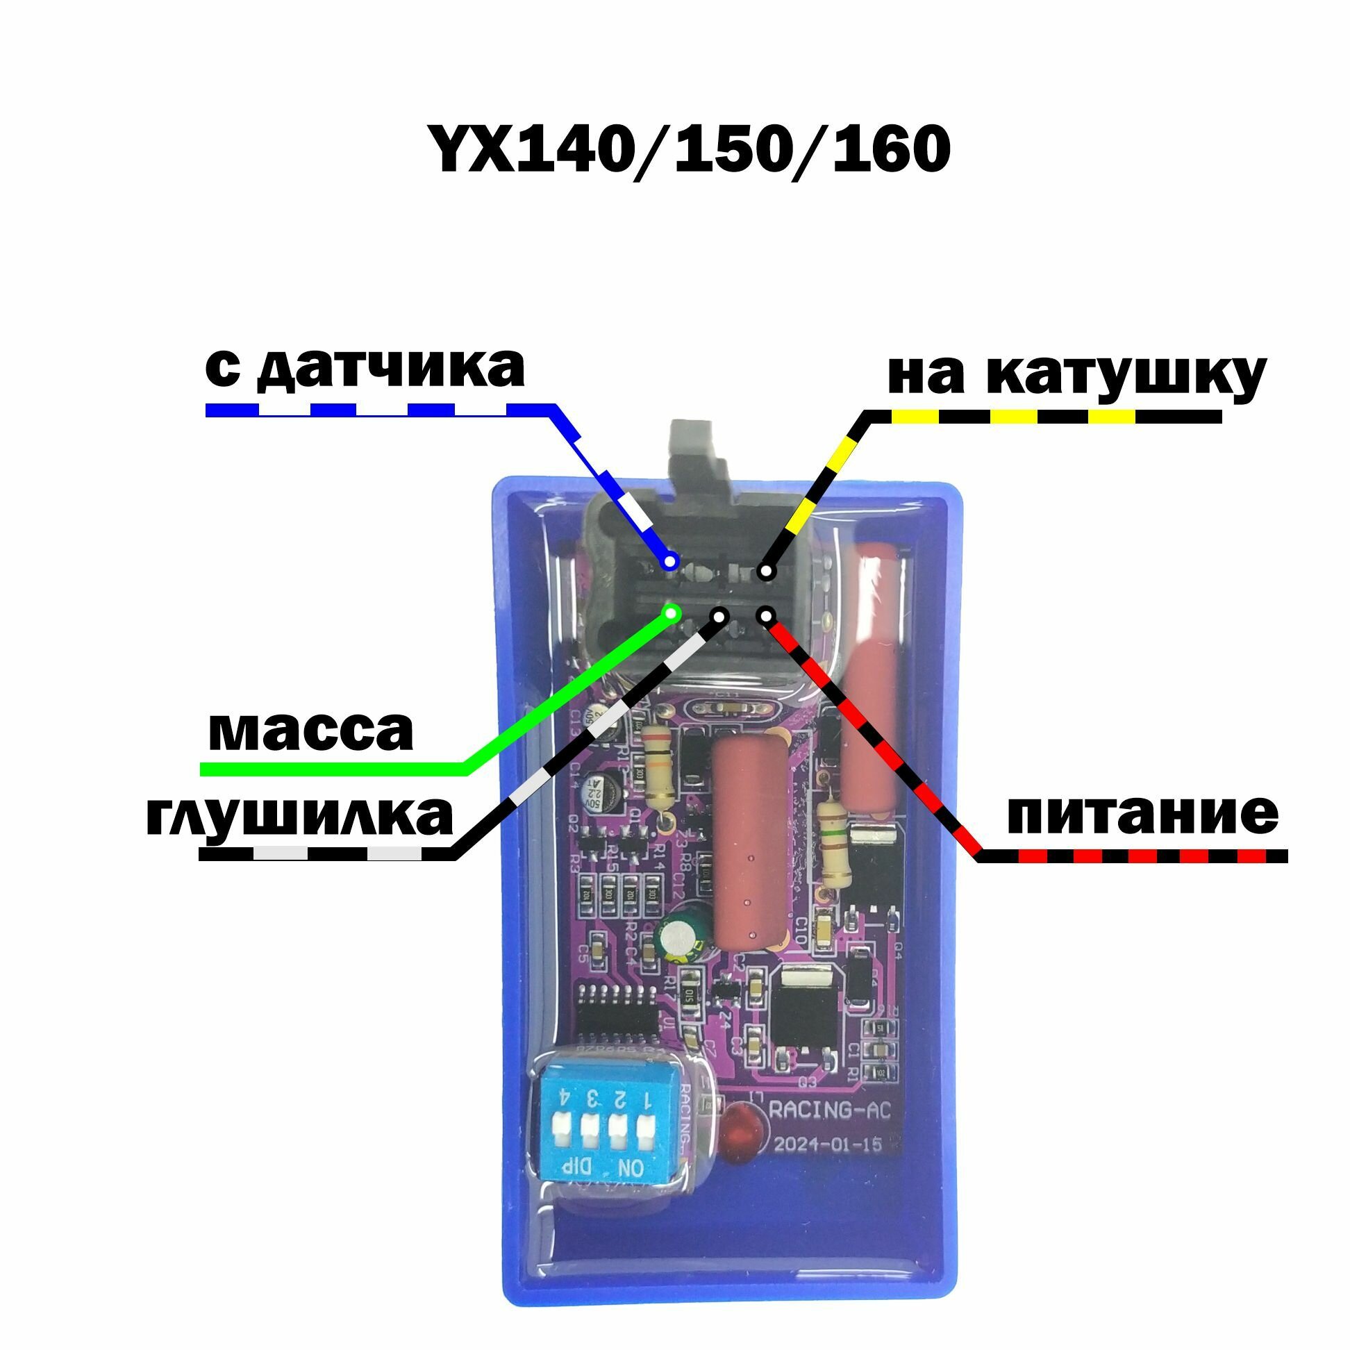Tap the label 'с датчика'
click(x=365, y=367)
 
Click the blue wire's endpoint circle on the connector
click(x=670, y=561)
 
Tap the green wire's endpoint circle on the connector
click(x=672, y=612)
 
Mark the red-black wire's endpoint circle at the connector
click(x=767, y=615)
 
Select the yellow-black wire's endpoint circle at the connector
click(x=767, y=572)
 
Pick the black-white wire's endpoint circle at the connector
click(x=719, y=615)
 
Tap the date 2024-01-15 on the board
click(x=827, y=1144)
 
